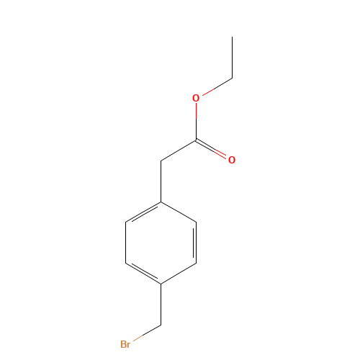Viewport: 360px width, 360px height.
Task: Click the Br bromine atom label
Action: (x=125, y=344)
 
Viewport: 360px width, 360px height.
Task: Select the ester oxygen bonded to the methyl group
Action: (x=196, y=98)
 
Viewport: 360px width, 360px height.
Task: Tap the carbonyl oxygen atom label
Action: (x=231, y=160)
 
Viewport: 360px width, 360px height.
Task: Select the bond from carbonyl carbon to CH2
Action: (x=179, y=150)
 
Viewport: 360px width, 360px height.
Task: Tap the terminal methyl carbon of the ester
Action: (x=232, y=78)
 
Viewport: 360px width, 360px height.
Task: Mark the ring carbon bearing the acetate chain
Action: (x=161, y=202)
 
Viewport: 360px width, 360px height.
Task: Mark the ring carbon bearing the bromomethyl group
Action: (x=161, y=284)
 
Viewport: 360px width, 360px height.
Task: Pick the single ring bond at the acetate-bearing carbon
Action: (x=179, y=212)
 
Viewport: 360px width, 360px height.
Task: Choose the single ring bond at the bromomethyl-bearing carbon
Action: (x=179, y=274)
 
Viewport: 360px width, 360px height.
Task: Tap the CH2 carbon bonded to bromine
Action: (x=161, y=324)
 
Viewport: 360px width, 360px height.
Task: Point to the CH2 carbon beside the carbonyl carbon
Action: (x=161, y=161)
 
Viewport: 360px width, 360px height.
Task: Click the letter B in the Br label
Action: (x=122, y=344)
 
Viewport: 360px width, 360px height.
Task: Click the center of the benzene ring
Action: (x=161, y=243)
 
